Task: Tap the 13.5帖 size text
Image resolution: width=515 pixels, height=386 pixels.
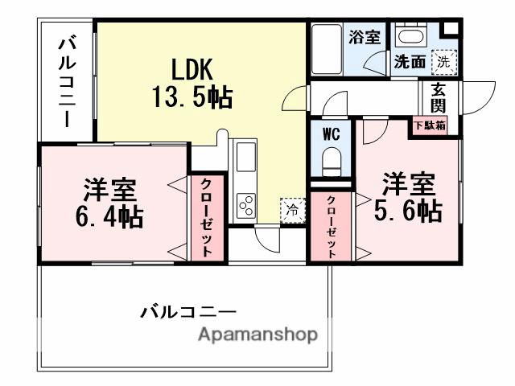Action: point(192,97)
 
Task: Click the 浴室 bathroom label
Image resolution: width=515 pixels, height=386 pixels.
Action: point(365,36)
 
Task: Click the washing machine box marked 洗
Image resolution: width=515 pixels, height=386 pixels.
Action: point(443,61)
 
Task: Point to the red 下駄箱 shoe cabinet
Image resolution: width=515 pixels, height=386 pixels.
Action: point(430,126)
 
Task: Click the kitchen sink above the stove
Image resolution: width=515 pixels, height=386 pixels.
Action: point(245,154)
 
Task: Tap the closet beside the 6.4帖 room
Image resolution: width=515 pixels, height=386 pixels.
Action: point(208,217)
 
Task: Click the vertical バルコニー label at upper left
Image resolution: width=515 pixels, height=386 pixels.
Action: point(66,79)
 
